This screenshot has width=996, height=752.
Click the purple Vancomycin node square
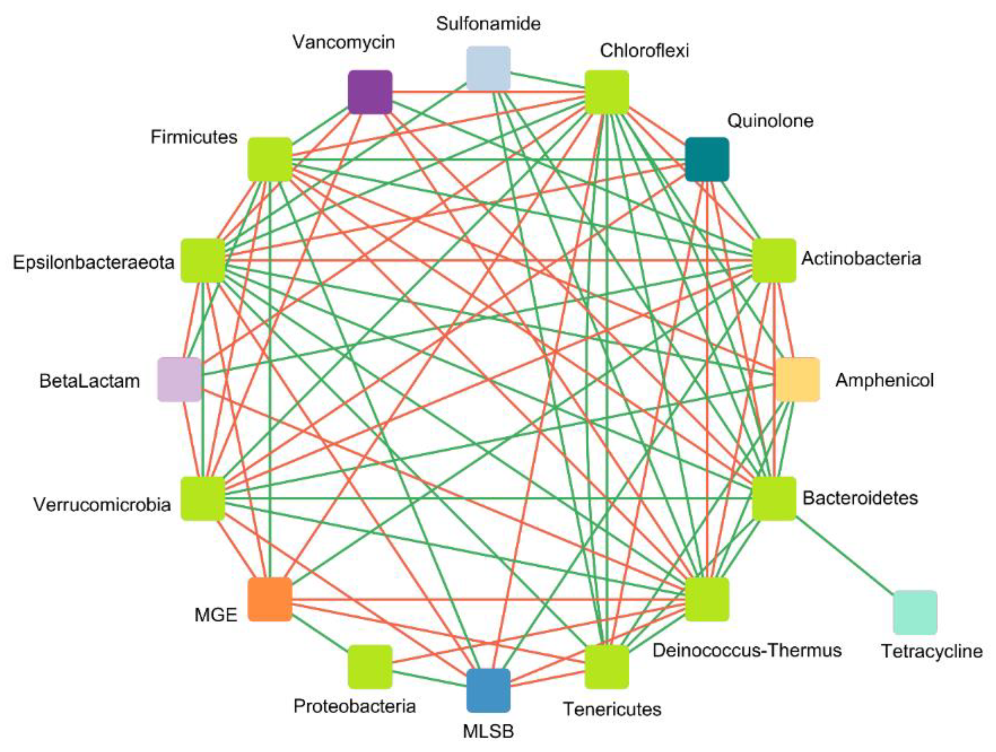pos(370,92)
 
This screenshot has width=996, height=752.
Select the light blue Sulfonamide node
pos(488,68)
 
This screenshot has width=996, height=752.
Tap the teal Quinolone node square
pos(707,159)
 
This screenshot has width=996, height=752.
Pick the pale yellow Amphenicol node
pos(797,379)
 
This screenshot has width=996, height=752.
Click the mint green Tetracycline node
pos(915,613)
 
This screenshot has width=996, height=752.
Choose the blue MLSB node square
pos(488,690)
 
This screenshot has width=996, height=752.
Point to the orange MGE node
pos(270,599)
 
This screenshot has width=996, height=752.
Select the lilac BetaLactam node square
pos(179,379)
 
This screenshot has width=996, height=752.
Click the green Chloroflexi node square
pos(607,92)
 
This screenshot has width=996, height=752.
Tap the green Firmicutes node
pos(270,159)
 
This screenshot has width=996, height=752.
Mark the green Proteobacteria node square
pos(370,666)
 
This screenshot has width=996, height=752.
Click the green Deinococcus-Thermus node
pos(707,599)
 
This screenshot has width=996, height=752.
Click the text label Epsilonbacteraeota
pos(93,262)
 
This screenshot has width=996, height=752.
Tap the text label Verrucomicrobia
pos(102,505)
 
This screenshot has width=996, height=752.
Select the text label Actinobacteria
pos(861,258)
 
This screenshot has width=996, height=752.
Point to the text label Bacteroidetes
pos(860,498)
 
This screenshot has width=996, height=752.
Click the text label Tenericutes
pos(612,709)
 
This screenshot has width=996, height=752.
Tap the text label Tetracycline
pos(932,651)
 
